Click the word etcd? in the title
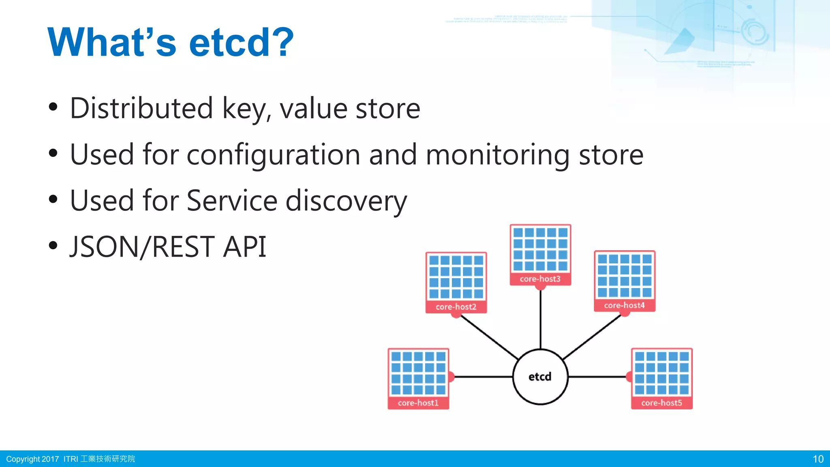241,42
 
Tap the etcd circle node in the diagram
540,377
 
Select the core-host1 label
418,403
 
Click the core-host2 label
456,307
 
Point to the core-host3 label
540,279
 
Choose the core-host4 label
624,305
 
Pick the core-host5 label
661,403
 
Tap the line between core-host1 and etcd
482,377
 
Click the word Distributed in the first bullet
141,108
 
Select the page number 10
818,459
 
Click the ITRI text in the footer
71,459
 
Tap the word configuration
273,155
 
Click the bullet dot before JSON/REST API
53,245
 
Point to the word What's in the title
112,42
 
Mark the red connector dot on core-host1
451,377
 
